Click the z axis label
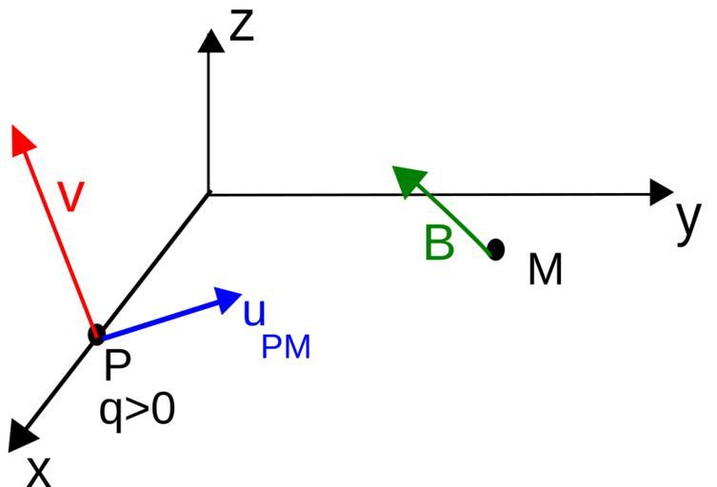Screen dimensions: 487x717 [x=242, y=26]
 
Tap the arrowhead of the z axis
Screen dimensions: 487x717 [x=209, y=40]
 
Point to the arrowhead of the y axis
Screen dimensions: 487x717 [x=661, y=193]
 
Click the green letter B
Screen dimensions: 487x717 [x=439, y=243]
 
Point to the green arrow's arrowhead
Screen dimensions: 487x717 [x=406, y=178]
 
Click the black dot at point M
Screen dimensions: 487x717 [x=495, y=249]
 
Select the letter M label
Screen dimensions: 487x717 [x=546, y=270]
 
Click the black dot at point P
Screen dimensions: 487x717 [x=96, y=334]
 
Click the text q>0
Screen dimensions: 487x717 [x=137, y=410]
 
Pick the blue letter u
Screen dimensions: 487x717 [x=254, y=311]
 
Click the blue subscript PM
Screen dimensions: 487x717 [x=286, y=347]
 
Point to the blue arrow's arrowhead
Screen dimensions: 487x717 [x=229, y=299]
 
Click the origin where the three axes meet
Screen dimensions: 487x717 [x=209, y=194]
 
